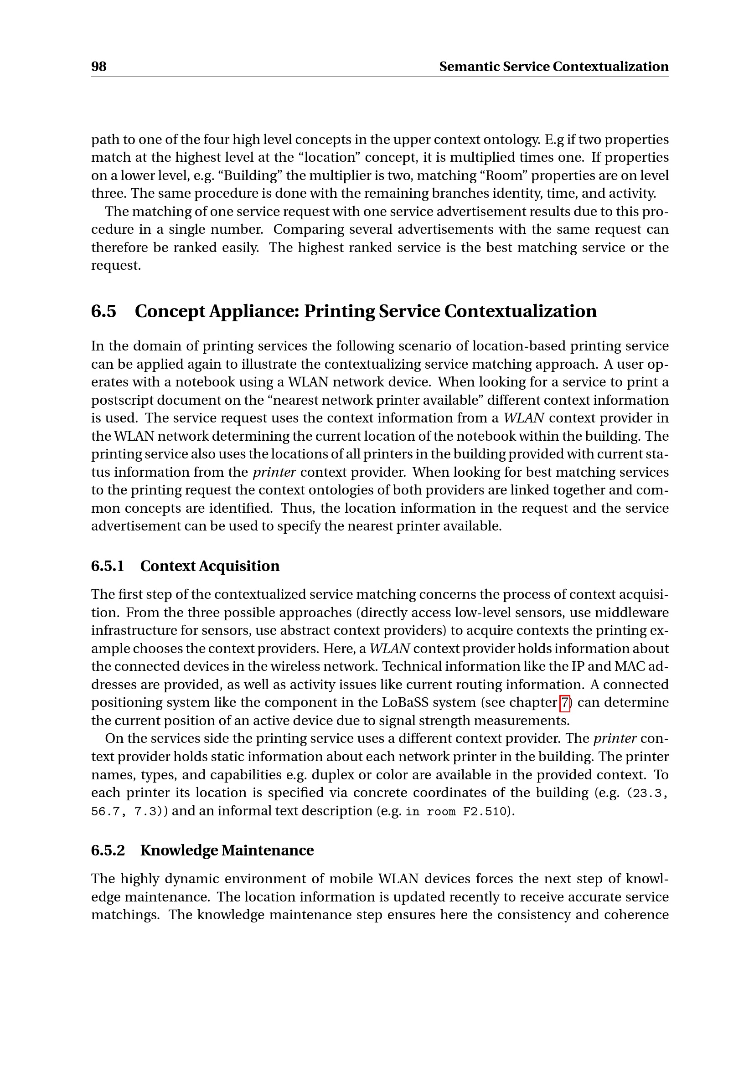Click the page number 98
click(x=99, y=67)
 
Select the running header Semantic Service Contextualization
click(x=553, y=67)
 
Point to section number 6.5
click(x=103, y=312)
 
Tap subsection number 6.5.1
click(x=108, y=566)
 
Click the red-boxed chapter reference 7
click(x=564, y=703)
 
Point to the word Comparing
click(x=309, y=230)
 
